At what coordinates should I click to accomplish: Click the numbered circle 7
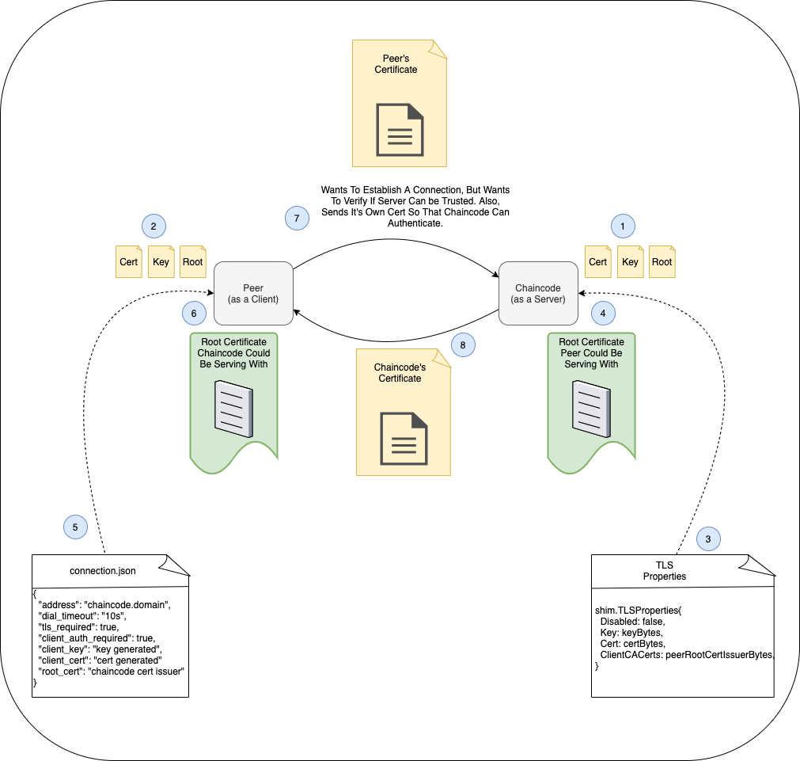pos(297,218)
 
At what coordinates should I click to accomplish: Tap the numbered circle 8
pos(462,344)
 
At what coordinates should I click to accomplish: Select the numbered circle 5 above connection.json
pos(74,526)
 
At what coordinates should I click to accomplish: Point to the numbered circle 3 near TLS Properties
pos(707,539)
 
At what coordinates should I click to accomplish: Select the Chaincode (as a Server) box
pos(539,294)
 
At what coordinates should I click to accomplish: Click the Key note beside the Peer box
pos(161,262)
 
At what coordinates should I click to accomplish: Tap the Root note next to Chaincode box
pos(662,262)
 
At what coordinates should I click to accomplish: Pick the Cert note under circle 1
pos(597,262)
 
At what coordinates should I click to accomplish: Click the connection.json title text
pos(103,570)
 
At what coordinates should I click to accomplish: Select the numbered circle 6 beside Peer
pos(193,313)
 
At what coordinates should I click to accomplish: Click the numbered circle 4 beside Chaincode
pos(603,313)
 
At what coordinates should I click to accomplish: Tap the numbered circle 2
pos(153,226)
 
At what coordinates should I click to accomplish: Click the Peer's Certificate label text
pos(396,64)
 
